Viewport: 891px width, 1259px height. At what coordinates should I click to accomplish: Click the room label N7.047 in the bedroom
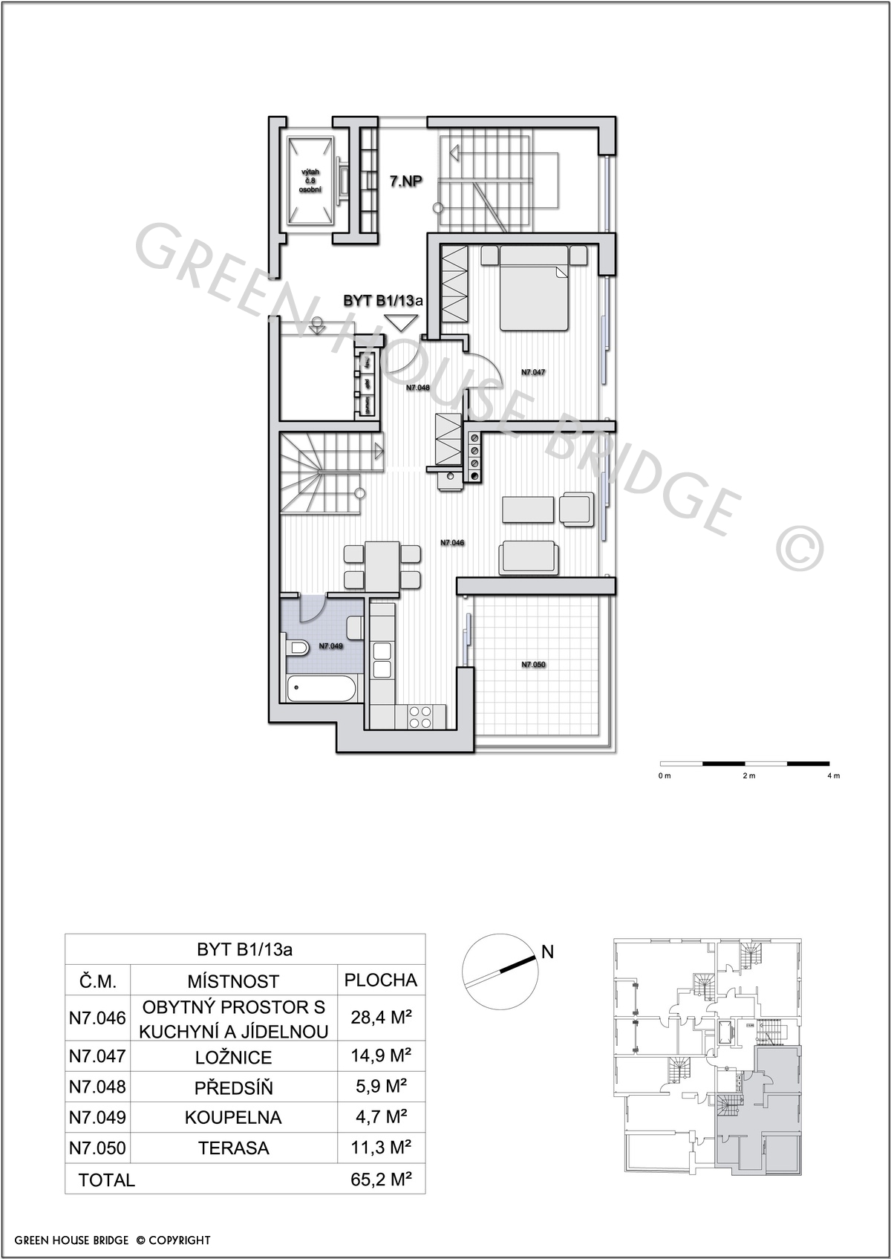click(x=532, y=372)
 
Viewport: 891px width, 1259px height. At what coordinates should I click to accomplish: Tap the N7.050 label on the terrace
click(x=533, y=665)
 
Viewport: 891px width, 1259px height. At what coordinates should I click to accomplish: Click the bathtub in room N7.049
click(x=322, y=688)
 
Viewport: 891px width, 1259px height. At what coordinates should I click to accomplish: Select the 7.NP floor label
click(x=406, y=181)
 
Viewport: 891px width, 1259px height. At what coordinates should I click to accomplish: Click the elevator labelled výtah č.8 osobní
click(x=310, y=181)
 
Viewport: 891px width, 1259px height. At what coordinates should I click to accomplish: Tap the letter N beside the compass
click(x=547, y=951)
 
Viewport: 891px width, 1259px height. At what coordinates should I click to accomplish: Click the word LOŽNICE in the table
click(x=234, y=1057)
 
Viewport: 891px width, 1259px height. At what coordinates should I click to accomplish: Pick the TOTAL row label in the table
click(x=107, y=1180)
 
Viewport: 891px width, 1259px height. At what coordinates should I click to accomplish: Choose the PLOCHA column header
click(x=381, y=980)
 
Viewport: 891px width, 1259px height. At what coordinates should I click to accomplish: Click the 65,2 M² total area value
click(x=382, y=1179)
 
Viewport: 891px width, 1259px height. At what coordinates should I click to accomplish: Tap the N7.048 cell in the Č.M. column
click(x=97, y=1087)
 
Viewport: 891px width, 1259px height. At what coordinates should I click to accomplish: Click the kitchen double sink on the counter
click(x=382, y=660)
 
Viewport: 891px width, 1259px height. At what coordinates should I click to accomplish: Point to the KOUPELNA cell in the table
click(x=233, y=1117)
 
